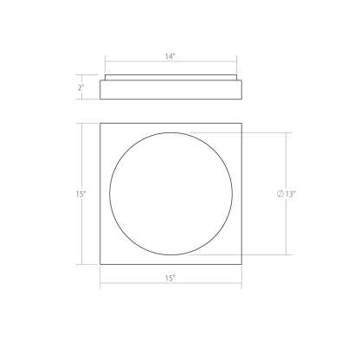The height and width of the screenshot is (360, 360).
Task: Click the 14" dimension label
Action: point(170,56)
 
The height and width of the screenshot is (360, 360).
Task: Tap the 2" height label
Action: point(80,87)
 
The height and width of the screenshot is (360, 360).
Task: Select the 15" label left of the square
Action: point(80,194)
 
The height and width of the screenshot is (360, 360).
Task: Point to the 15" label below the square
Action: point(170,278)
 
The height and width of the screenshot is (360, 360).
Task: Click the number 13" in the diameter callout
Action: point(291,194)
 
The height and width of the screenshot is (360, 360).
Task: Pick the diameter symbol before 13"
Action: point(280,194)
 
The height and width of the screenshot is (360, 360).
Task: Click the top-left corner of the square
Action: point(100,124)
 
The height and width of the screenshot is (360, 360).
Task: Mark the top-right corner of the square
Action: point(241,124)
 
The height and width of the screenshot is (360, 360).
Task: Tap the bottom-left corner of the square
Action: point(100,264)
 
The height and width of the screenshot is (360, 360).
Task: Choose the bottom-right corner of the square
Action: point(241,264)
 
